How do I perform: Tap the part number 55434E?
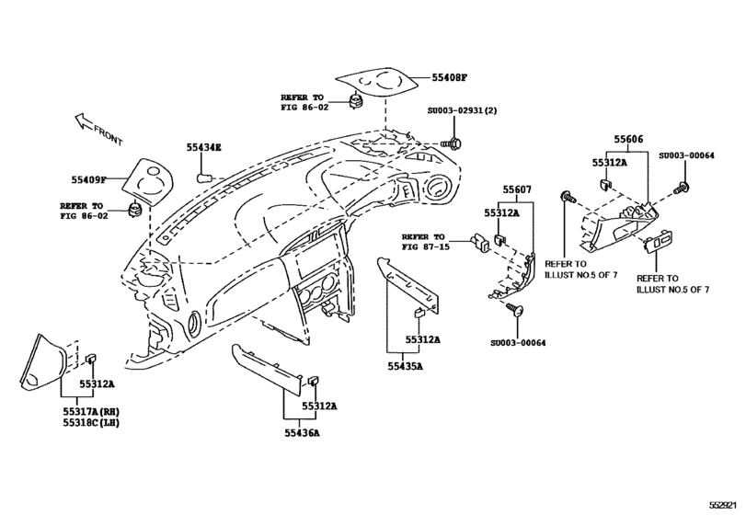[203, 147]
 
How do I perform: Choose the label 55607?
[517, 189]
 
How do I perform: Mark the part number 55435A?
[404, 366]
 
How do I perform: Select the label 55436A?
[303, 431]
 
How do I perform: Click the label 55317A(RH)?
[85, 412]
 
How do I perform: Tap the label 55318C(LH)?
[85, 424]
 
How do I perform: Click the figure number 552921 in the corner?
[725, 507]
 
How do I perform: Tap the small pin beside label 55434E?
[207, 173]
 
